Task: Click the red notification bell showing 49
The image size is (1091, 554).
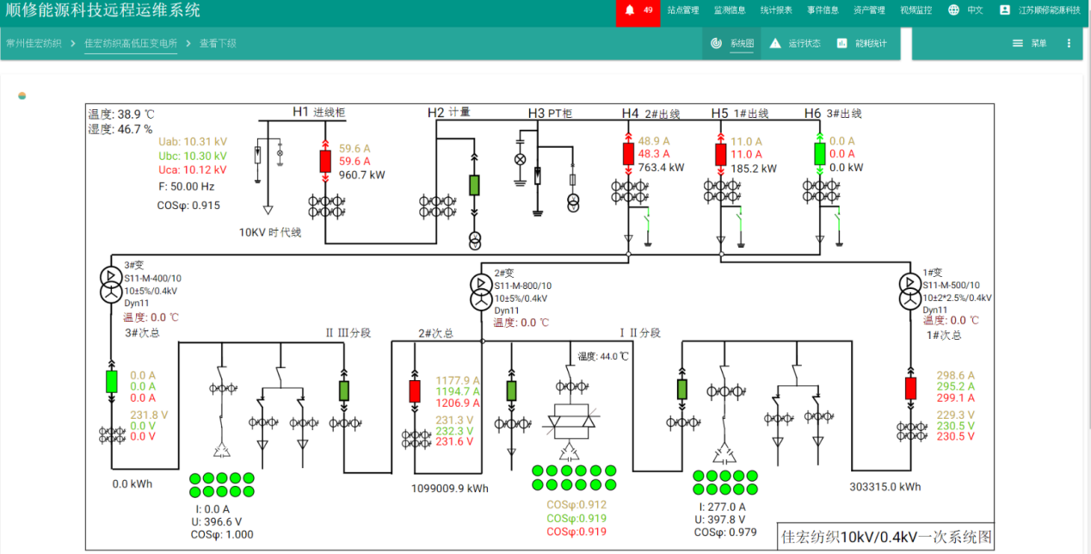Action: (638, 10)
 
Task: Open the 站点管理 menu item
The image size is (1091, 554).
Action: (683, 10)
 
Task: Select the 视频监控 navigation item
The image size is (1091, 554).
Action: (915, 10)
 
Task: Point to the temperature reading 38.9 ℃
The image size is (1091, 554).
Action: (121, 114)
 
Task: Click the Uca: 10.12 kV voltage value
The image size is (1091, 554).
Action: (193, 169)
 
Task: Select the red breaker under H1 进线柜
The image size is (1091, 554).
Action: (325, 161)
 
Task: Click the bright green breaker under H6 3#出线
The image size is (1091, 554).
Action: (820, 154)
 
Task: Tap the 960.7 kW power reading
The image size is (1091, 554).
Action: (361, 175)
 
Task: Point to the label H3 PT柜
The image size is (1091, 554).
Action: (550, 113)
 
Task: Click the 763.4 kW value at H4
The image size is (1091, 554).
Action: (661, 168)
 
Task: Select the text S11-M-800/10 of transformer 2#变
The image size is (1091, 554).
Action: (523, 286)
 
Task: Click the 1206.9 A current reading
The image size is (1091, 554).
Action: (458, 403)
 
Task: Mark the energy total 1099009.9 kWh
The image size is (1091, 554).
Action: (450, 489)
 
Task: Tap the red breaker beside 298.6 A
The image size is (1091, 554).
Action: (910, 388)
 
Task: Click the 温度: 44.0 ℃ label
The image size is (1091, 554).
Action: (603, 356)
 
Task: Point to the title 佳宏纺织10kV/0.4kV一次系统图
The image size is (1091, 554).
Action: (885, 538)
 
